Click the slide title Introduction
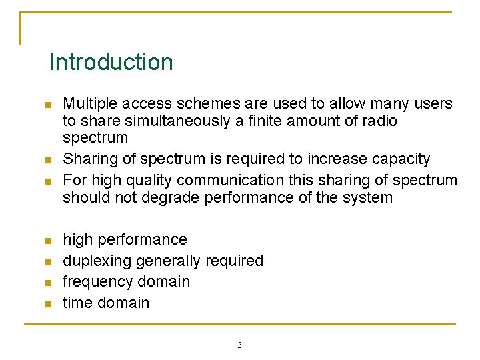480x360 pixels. (x=111, y=62)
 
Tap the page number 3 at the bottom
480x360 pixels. (x=239, y=345)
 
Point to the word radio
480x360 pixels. (x=379, y=121)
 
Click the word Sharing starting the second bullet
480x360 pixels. (x=87, y=159)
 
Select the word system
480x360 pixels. (x=369, y=197)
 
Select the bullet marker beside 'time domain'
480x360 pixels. (x=47, y=304)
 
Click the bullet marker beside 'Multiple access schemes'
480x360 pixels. (x=47, y=105)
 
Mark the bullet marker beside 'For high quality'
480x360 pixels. (x=47, y=181)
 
